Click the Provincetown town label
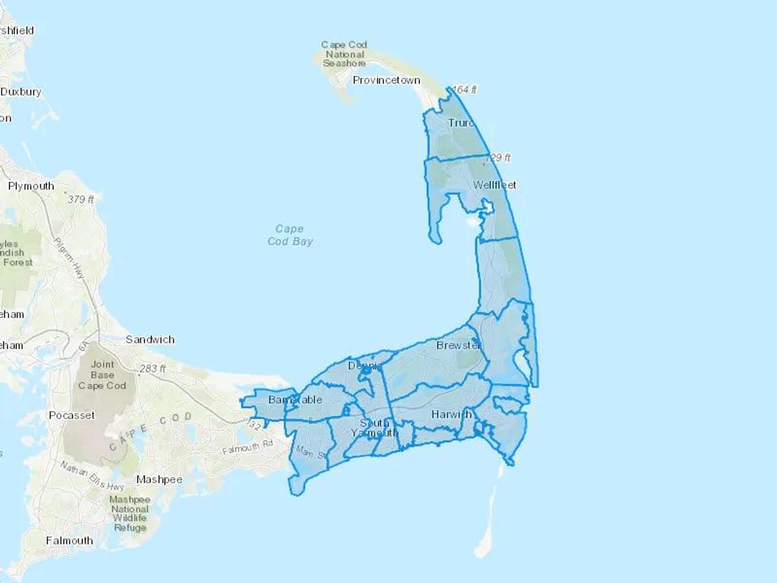tap(386, 80)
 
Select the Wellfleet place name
tap(494, 185)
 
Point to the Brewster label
tap(458, 345)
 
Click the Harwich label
tap(451, 415)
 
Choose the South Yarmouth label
tap(374, 428)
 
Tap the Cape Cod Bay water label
tap(290, 235)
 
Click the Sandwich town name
tap(150, 339)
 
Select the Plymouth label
tap(31, 186)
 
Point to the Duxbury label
tap(21, 92)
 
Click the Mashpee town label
tap(159, 479)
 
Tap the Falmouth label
tap(69, 541)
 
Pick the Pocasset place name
tap(71, 415)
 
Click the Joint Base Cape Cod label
tap(102, 375)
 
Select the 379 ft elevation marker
tap(80, 200)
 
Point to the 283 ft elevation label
tap(152, 369)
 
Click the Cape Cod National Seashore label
tap(344, 54)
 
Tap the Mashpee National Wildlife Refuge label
tap(129, 513)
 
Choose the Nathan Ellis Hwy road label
tap(92, 476)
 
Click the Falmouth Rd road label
tap(247, 447)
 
